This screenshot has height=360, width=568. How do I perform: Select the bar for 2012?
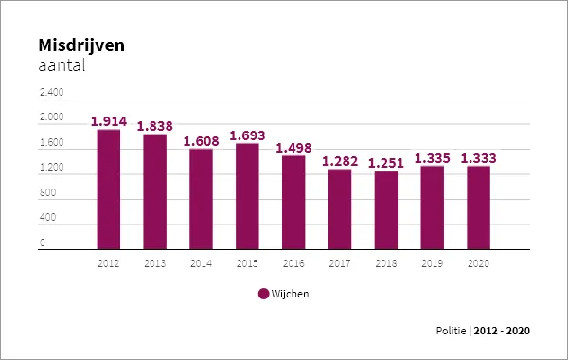108,189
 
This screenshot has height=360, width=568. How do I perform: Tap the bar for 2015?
247,196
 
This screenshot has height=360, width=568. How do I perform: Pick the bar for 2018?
386,210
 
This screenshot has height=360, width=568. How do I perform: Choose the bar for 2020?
478,207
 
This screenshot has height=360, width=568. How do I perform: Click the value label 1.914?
109,121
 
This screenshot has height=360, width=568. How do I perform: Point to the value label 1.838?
155,126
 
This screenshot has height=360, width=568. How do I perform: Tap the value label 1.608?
201,141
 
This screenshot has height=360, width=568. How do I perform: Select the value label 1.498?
293,148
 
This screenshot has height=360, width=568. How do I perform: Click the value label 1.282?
340,162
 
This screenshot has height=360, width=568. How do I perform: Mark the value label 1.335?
433,158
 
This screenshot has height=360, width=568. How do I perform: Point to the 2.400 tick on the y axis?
51,93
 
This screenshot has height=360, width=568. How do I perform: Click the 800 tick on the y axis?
47,193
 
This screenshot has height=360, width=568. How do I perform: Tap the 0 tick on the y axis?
43,243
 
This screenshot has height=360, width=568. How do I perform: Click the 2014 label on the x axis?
201,261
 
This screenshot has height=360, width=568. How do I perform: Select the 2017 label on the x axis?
340,261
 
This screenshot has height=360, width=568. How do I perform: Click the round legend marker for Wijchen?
263,294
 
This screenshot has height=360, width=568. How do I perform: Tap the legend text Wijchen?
290,294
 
